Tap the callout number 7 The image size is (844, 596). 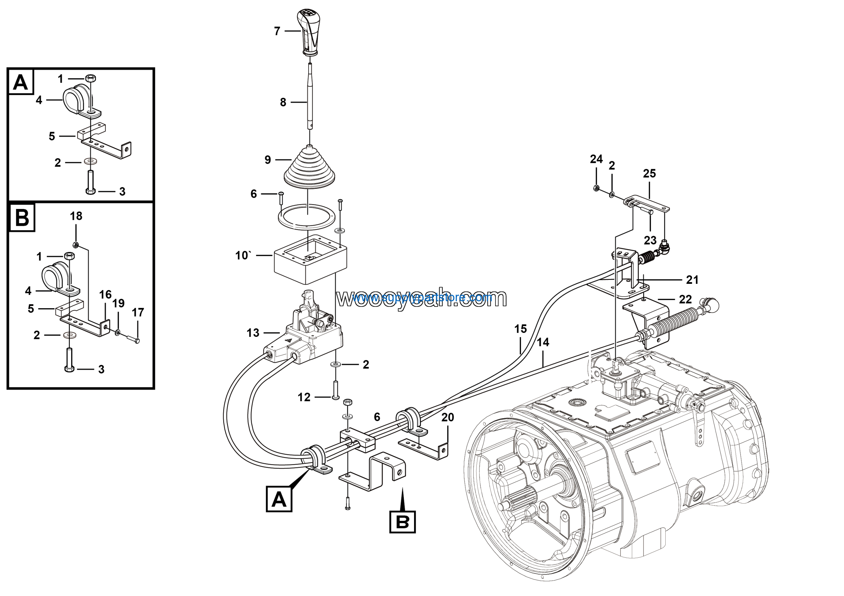point(277,31)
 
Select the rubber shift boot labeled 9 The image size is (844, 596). point(310,167)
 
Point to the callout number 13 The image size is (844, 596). point(253,333)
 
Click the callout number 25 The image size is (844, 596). point(649,173)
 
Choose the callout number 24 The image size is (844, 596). point(596,159)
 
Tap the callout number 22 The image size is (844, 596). point(685,299)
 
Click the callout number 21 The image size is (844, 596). point(692,280)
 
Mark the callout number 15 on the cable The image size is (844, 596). point(520,329)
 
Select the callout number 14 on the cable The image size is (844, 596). point(543,343)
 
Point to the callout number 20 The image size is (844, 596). point(448,417)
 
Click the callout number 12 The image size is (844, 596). point(304,397)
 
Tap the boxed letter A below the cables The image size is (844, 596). point(279,499)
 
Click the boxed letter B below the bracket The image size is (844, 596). point(403,521)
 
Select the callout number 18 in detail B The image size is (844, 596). point(76,216)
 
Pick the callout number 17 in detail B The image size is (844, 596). point(138,313)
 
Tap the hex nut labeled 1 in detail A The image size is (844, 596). point(90,78)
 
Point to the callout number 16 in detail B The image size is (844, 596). point(105,294)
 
